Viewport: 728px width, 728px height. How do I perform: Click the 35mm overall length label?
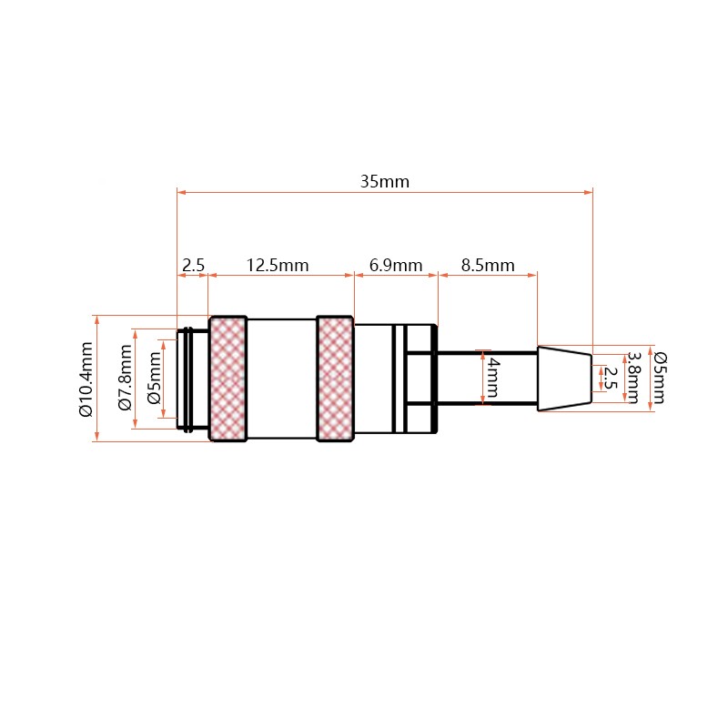click(x=385, y=181)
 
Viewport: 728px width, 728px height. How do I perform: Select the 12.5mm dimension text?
click(x=278, y=266)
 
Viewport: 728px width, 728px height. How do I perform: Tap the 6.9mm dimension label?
click(x=396, y=266)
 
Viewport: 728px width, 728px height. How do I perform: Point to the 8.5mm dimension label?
click(x=488, y=266)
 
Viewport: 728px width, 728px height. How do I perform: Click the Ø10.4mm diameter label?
click(x=86, y=379)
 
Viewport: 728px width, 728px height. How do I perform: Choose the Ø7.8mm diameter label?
click(x=126, y=378)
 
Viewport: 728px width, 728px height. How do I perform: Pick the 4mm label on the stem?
click(x=494, y=378)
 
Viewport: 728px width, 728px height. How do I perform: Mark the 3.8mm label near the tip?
click(x=633, y=378)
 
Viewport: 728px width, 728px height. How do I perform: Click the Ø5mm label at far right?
click(x=660, y=378)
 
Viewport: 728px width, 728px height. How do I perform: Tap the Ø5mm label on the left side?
click(x=154, y=378)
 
